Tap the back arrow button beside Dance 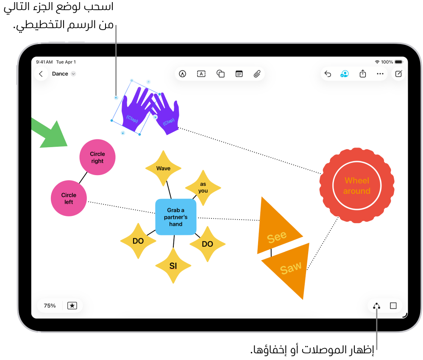tap(41, 74)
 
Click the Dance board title tap(60, 74)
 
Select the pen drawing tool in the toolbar tap(183, 74)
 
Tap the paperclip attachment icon tap(257, 74)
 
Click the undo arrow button tap(328, 74)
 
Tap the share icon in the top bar tap(363, 74)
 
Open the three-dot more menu tap(380, 74)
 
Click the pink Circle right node tap(97, 157)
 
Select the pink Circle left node tap(69, 198)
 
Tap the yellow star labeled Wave tap(163, 168)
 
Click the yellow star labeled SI tap(173, 266)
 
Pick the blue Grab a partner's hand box tap(176, 217)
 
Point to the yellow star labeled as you tap(203, 187)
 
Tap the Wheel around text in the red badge tap(357, 186)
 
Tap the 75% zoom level tap(50, 305)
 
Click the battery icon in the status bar tap(398, 62)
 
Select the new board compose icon tap(398, 74)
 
